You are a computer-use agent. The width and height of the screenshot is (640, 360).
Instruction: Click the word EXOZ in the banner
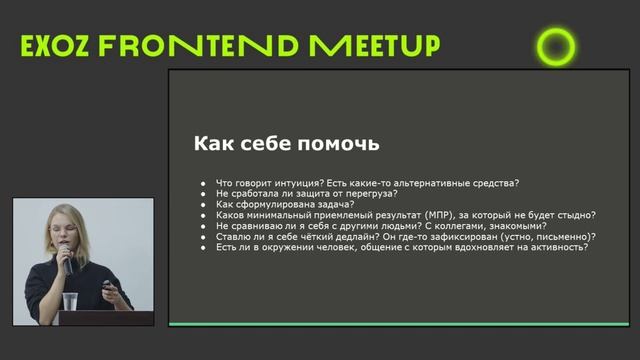coord(59,46)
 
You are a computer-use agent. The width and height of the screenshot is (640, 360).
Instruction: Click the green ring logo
coord(556,45)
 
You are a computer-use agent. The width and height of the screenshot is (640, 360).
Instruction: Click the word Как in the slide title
coord(214,144)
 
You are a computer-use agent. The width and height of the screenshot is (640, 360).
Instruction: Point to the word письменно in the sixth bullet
coord(563,237)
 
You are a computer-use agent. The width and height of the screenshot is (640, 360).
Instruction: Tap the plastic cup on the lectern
coord(70,302)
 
